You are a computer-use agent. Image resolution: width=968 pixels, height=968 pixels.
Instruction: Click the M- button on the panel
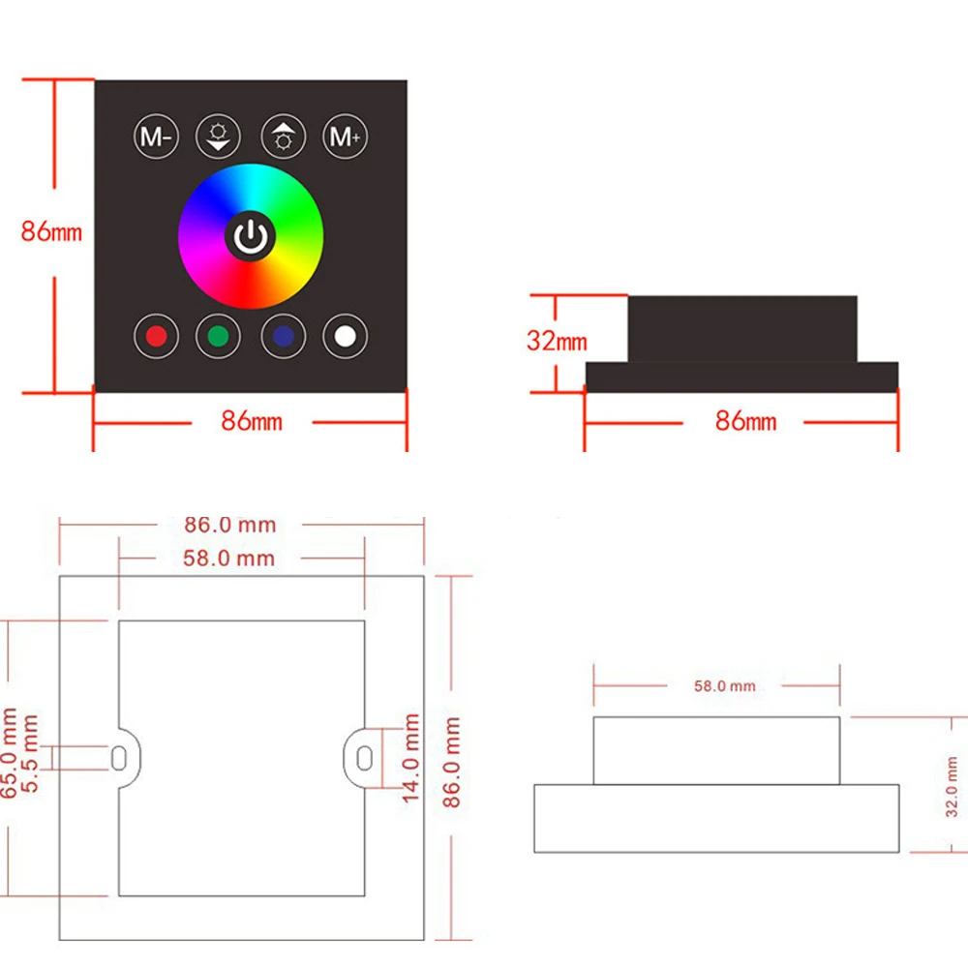[155, 138]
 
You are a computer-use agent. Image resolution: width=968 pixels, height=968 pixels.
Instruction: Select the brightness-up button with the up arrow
[284, 138]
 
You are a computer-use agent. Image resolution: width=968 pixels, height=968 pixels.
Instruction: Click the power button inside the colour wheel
[251, 235]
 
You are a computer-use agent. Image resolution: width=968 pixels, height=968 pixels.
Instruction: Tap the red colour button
[155, 336]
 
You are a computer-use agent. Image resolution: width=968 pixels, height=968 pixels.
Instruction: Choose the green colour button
[218, 336]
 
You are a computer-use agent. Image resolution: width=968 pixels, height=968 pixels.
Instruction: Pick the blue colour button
[283, 336]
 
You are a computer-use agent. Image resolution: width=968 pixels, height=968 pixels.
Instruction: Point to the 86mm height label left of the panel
[52, 232]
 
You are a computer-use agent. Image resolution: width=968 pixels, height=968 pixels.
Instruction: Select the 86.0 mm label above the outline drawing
[230, 525]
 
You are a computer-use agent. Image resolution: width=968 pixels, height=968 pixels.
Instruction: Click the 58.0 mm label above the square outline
[229, 559]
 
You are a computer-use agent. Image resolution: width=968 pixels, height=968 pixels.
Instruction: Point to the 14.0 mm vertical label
[411, 758]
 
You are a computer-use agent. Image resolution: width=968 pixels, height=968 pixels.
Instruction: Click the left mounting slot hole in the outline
[118, 758]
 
